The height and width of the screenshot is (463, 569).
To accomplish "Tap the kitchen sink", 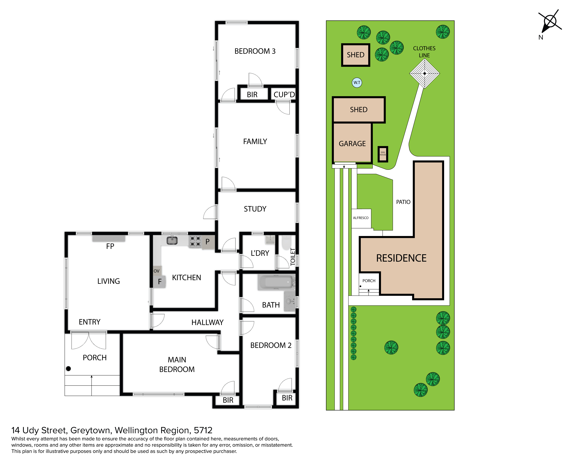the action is tap(172, 240).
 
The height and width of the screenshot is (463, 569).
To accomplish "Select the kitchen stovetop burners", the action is tap(195, 241).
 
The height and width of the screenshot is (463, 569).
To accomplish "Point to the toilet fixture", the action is tap(286, 242).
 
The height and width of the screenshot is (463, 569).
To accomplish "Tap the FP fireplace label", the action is tap(110, 246).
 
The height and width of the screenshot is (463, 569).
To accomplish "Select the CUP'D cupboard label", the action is tap(284, 95).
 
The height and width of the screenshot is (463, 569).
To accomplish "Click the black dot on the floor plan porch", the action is tap(68, 369).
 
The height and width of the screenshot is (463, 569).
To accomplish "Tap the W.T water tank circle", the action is tap(357, 83).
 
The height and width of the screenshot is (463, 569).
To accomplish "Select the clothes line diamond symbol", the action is tap(424, 73).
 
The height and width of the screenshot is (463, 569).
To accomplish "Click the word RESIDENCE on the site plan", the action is tap(401, 258).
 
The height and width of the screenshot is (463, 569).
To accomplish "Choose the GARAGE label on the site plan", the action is tap(352, 144).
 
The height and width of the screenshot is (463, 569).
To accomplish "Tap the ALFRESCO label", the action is tap(361, 218).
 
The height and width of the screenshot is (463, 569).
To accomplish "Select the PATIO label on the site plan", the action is tap(403, 202).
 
